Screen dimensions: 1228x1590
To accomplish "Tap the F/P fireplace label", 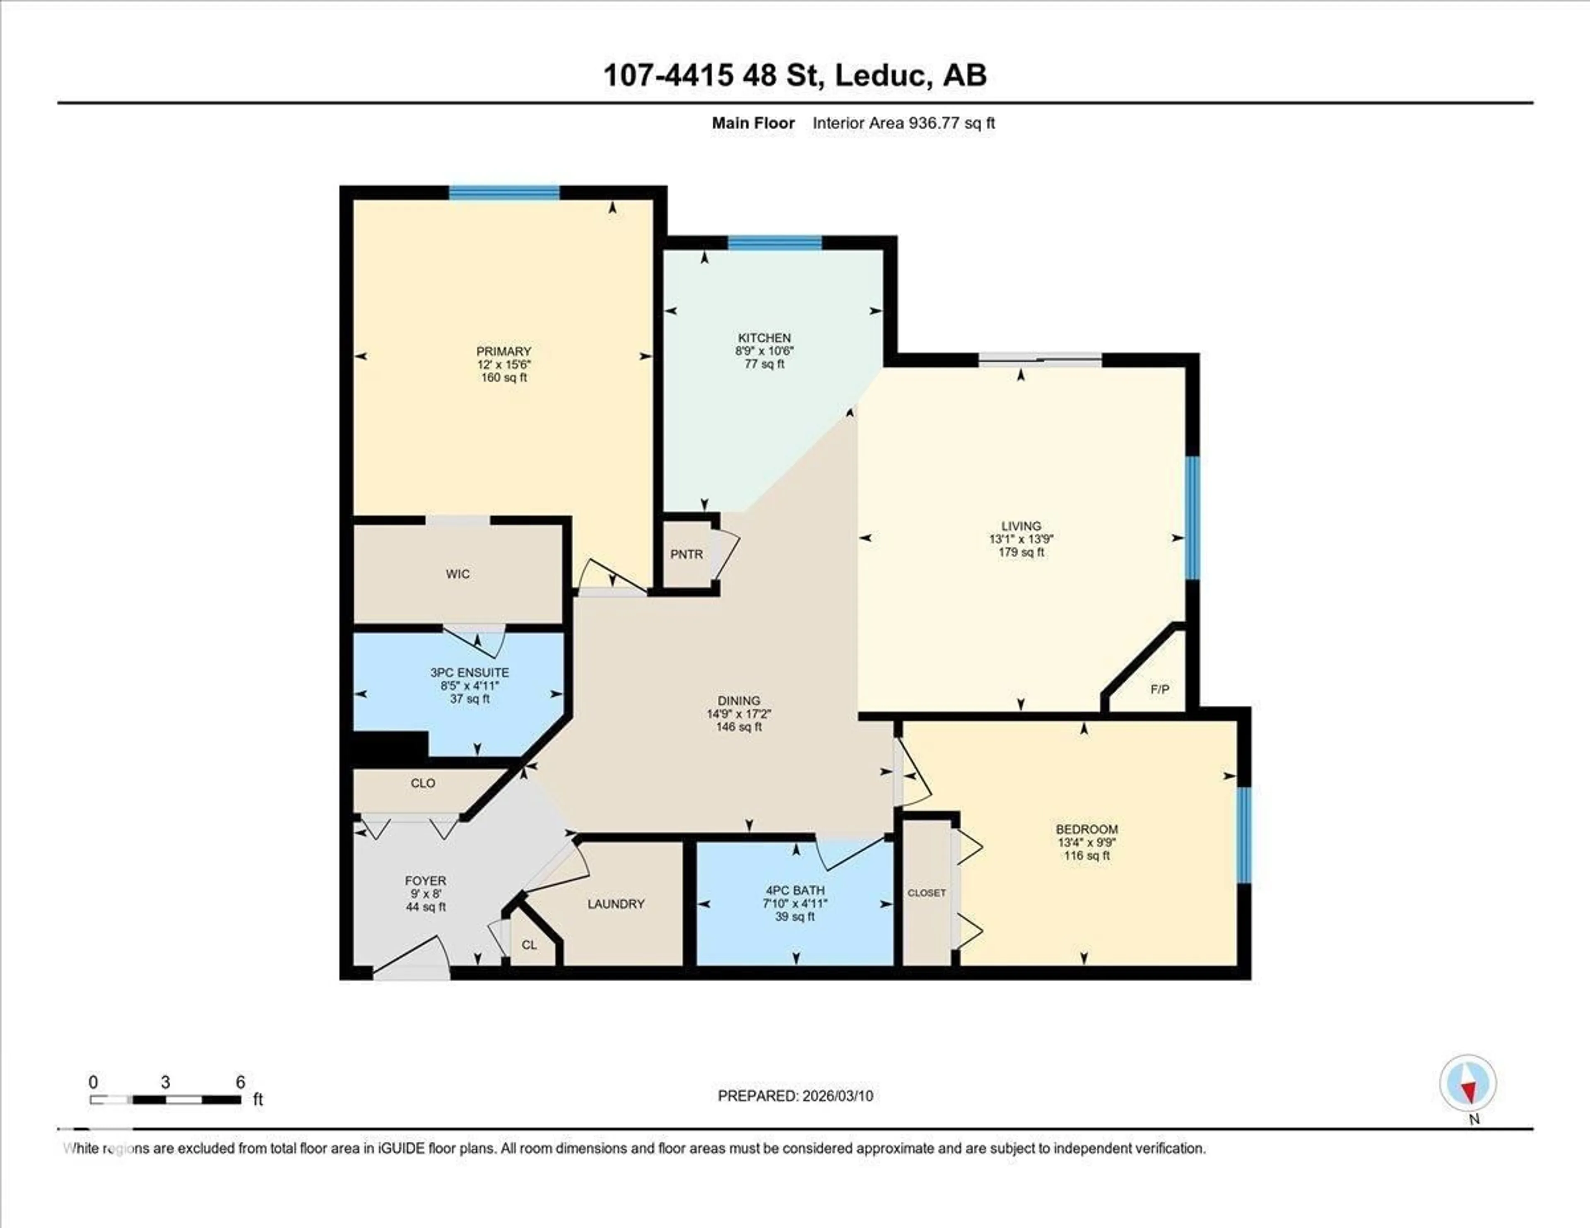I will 1160,689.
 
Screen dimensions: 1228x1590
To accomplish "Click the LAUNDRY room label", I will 616,904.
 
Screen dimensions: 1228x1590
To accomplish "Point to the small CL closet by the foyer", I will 529,945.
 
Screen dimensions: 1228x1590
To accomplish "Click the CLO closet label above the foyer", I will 423,783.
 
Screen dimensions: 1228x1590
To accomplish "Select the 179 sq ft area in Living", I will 1021,552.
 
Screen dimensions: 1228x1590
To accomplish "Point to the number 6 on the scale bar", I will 240,1082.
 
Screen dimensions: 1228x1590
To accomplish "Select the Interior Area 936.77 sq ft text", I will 903,123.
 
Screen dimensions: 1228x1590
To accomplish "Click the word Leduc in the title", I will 881,76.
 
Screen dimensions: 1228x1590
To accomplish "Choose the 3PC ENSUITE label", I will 470,673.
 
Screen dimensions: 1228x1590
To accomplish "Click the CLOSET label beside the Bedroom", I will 927,892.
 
